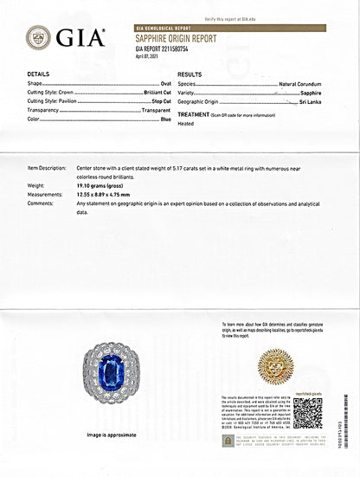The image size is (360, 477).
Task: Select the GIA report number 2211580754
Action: point(165,49)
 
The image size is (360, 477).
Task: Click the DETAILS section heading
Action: point(38,75)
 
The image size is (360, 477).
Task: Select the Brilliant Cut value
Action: point(154,93)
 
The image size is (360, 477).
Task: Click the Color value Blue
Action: point(162,119)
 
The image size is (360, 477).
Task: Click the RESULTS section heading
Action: point(190,75)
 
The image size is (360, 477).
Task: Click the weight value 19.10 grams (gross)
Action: point(107,185)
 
